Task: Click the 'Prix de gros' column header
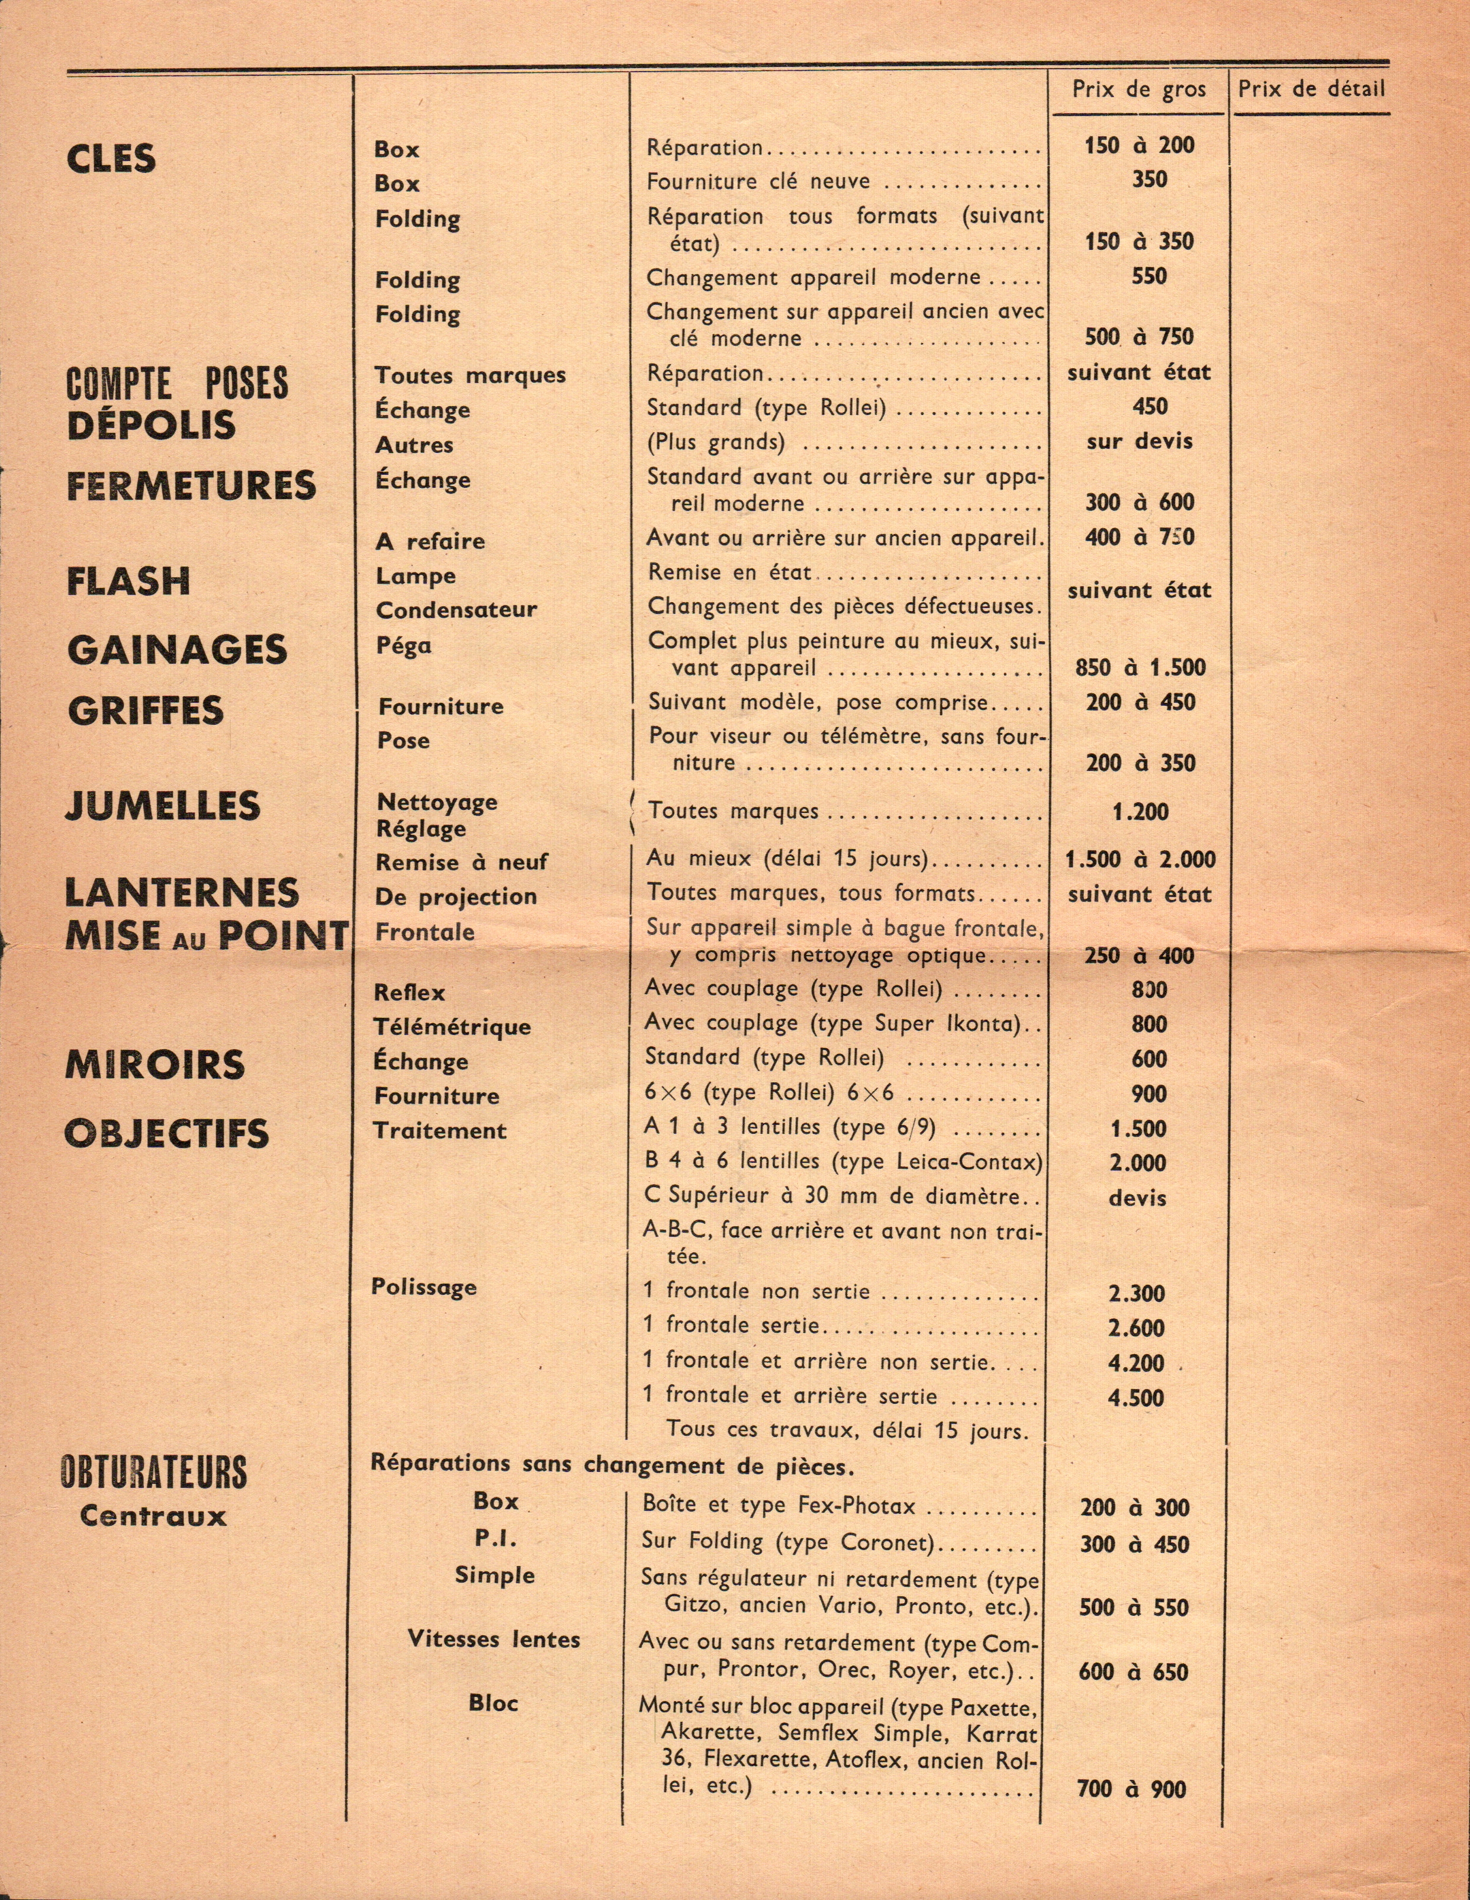click(1138, 89)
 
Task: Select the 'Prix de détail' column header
click(1311, 89)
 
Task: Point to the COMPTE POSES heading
click(176, 383)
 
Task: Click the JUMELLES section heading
click(163, 806)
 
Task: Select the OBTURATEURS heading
click(154, 1472)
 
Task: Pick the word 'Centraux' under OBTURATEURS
click(153, 1516)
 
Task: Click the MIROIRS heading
click(155, 1065)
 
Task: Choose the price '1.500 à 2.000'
click(1140, 860)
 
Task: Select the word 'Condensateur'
click(456, 610)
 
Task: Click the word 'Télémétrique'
click(452, 1027)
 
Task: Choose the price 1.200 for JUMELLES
click(1140, 812)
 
